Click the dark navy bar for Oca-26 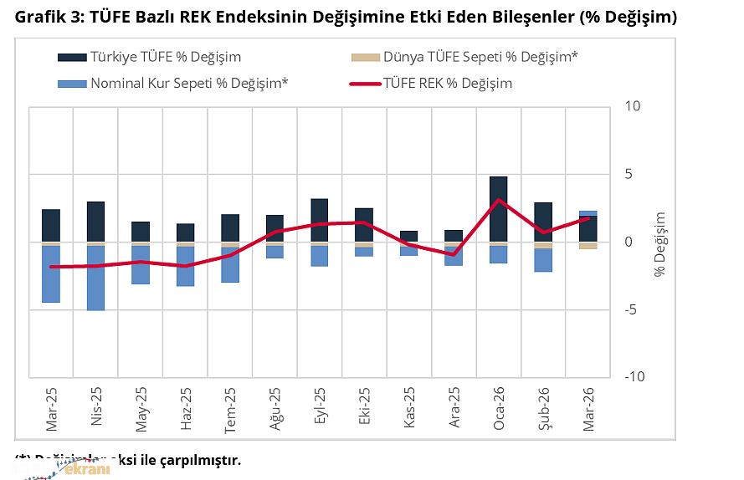(x=498, y=209)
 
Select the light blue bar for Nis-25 (x=95, y=278)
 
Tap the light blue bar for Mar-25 (x=50, y=274)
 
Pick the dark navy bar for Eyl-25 (x=319, y=220)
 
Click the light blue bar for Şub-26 (x=543, y=260)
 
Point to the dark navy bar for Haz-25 (x=185, y=232)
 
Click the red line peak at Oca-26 (x=499, y=200)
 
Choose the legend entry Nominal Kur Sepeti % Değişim (x=179, y=83)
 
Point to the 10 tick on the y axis (x=633, y=107)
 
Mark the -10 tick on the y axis (x=634, y=376)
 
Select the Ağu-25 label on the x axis (x=275, y=409)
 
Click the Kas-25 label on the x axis (x=409, y=409)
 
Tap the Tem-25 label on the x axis (x=230, y=409)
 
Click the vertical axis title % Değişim (x=659, y=243)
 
